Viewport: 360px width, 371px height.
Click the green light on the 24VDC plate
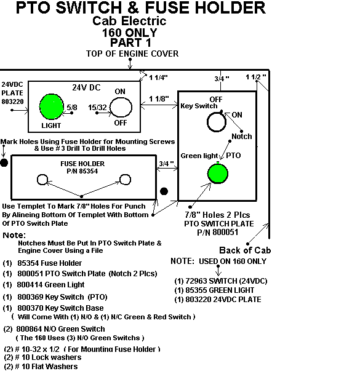point(51,106)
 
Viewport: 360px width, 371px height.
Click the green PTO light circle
point(218,174)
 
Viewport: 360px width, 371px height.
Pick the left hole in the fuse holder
point(38,180)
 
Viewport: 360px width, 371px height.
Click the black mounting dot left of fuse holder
point(4,163)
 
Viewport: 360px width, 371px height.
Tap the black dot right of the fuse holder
point(164,191)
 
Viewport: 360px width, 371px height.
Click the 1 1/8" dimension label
point(159,98)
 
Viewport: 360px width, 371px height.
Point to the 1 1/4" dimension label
point(158,78)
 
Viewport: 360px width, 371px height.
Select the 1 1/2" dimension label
point(255,77)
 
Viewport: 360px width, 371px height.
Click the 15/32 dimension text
point(97,108)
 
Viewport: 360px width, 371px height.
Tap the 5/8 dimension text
point(72,108)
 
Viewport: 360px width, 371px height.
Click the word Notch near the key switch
point(242,137)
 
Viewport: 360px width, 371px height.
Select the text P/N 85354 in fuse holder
point(82,171)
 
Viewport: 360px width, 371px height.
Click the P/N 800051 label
point(218,232)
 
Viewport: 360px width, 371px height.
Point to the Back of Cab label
point(245,250)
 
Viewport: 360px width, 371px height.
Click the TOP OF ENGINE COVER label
point(132,54)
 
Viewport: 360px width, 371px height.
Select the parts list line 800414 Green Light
point(44,285)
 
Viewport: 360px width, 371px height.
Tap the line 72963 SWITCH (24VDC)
point(221,281)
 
